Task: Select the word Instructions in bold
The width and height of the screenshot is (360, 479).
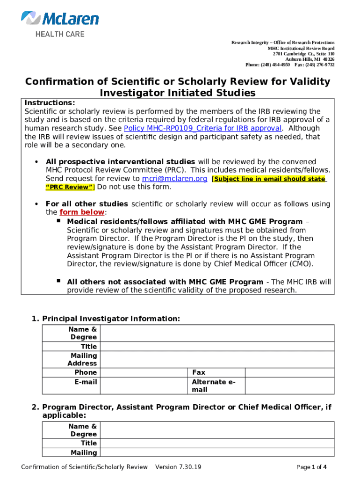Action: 50,103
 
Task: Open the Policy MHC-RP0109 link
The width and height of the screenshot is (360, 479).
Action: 202,128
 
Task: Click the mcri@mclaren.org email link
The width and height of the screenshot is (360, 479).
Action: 174,179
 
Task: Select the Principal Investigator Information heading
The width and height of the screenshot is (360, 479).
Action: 111,319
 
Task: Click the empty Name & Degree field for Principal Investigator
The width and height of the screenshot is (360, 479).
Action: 217,334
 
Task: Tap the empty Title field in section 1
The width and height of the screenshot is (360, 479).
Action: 217,347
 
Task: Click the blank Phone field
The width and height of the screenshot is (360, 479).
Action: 144,372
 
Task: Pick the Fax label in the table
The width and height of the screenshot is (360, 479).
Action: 199,372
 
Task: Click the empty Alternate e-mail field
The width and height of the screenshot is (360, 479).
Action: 290,386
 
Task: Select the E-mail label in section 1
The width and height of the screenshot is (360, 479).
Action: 86,382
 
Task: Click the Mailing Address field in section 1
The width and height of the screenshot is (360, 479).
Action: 217,360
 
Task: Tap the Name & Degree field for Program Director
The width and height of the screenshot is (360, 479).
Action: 217,430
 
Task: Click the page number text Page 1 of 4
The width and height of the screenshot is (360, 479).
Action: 311,467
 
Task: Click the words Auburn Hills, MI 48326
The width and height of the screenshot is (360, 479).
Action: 310,59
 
